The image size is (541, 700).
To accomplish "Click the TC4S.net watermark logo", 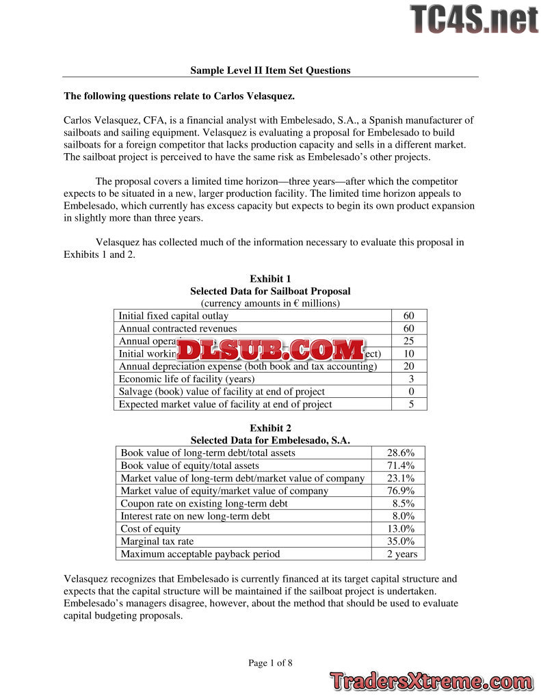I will (474, 19).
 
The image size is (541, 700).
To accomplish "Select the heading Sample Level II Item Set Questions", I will (270, 70).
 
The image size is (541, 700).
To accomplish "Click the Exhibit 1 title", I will (270, 278).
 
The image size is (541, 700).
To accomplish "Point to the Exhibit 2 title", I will (270, 428).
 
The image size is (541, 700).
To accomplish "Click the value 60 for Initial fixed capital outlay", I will (410, 316).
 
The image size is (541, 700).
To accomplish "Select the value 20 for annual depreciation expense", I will (410, 366).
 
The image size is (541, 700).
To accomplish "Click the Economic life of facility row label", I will (187, 379).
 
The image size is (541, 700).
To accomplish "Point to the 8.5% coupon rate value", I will (400, 503).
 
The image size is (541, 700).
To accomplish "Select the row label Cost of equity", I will (150, 528).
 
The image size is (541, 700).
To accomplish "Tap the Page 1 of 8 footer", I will (270, 662).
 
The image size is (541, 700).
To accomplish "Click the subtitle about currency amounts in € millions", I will (270, 303).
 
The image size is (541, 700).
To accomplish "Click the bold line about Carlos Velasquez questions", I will (179, 96).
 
